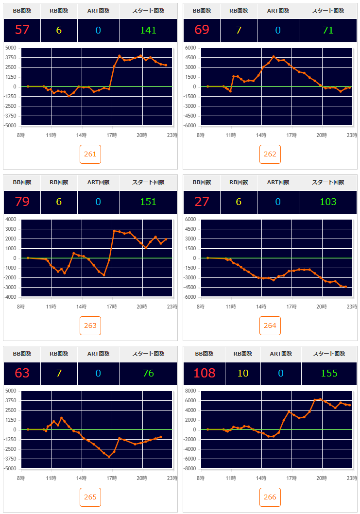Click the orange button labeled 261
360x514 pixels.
point(90,154)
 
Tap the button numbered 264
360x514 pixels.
point(270,326)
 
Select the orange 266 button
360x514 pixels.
point(270,497)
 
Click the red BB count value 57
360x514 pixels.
point(22,30)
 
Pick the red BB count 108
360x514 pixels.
point(204,373)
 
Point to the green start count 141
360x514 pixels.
point(148,30)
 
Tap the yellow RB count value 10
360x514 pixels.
point(243,373)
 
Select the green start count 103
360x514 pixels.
point(328,202)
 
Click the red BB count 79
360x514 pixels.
point(22,202)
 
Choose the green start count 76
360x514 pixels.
point(148,373)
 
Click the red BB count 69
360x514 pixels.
point(202,30)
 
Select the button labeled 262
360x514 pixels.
point(270,154)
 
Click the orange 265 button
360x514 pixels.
point(90,497)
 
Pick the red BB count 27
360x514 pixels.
point(202,202)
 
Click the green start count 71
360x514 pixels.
point(328,30)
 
